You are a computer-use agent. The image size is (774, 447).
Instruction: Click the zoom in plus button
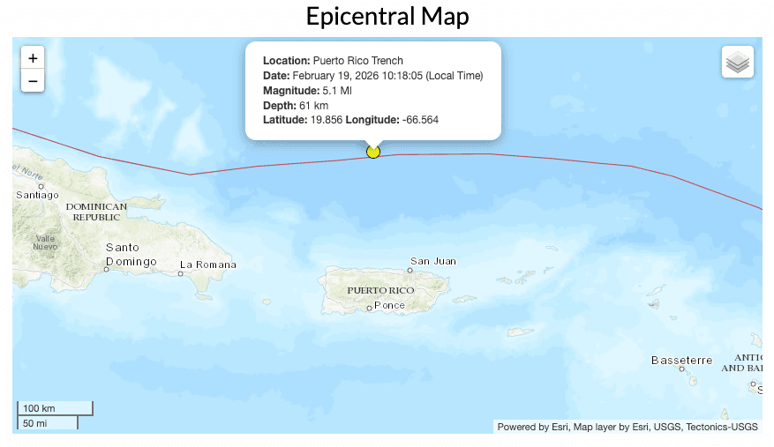33,58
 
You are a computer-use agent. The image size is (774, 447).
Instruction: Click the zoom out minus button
33,81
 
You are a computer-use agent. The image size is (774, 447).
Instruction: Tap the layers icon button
737,63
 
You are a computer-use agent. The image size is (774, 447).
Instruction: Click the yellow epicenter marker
373,152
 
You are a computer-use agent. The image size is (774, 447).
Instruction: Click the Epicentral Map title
387,16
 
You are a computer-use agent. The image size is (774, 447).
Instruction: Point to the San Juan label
432,261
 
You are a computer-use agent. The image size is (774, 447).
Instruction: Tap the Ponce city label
389,305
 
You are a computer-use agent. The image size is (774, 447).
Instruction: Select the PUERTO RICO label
380,290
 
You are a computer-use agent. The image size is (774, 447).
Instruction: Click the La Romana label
208,264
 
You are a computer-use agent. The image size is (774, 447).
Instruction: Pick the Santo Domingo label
131,255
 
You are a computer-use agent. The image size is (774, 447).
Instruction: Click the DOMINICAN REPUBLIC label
97,212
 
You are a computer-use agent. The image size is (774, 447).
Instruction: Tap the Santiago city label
37,195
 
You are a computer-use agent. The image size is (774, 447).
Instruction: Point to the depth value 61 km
313,106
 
